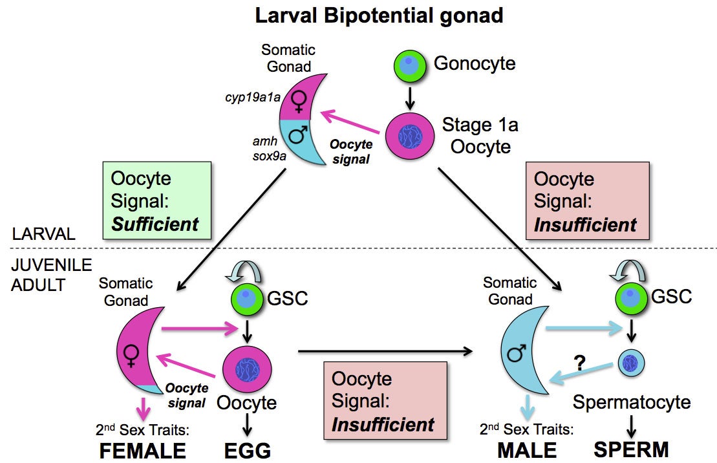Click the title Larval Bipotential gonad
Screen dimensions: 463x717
click(x=379, y=16)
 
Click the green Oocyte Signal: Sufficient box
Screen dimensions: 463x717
click(x=155, y=200)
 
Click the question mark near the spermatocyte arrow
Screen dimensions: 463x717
click(x=580, y=363)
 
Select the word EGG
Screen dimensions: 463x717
click(x=248, y=450)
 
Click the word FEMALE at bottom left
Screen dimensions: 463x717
click(x=142, y=450)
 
